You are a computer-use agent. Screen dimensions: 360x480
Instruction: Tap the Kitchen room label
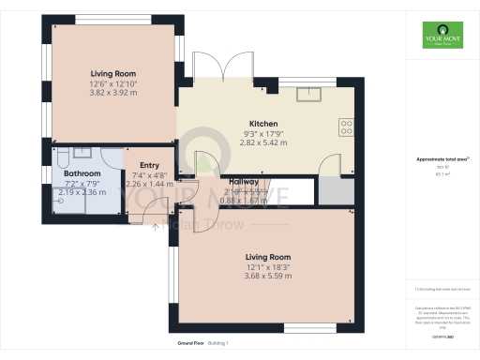click(x=262, y=124)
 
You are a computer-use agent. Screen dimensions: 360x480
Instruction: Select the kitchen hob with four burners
click(x=345, y=127)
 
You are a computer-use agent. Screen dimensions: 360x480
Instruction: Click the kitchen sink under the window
click(x=308, y=93)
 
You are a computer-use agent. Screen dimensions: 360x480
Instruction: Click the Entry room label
click(x=136, y=165)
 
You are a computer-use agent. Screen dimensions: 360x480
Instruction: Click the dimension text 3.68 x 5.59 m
click(x=268, y=275)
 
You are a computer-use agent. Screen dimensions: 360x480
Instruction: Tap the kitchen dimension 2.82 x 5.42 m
click(x=262, y=144)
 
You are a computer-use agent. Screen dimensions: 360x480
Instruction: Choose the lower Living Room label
click(x=268, y=256)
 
